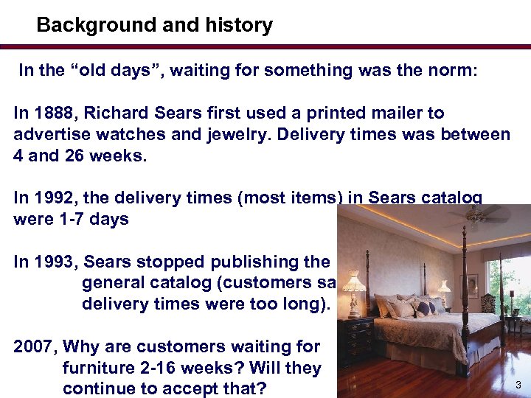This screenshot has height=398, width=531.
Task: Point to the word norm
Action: [x=454, y=71]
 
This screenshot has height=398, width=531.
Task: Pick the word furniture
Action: [x=97, y=368]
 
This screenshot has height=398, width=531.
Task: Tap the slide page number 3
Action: [x=518, y=385]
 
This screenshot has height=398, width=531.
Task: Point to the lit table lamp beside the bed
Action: [x=355, y=283]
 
